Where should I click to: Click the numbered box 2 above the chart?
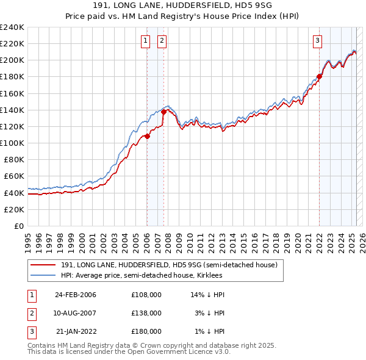(162, 41)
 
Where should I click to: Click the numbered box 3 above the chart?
(318, 41)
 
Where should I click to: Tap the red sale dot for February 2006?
(147, 136)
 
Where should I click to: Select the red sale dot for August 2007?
(163, 112)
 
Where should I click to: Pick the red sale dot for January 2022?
(319, 77)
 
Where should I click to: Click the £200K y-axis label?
(12, 60)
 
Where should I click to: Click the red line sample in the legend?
(44, 265)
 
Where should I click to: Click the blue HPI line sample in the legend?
(44, 275)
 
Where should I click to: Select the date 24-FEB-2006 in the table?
(76, 295)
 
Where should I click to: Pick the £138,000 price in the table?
(146, 313)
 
